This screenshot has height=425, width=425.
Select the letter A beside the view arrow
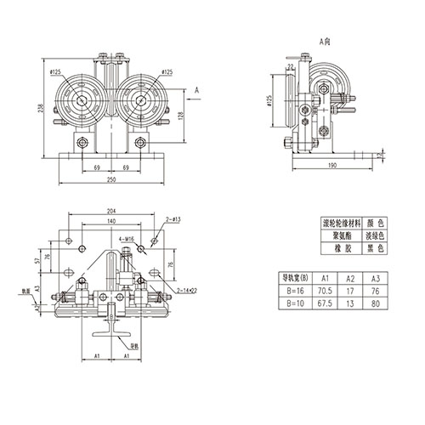coord(196,88)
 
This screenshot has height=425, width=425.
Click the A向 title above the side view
coord(324,40)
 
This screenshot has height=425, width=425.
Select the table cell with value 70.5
coord(325,290)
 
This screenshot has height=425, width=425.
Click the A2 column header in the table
coord(351,278)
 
